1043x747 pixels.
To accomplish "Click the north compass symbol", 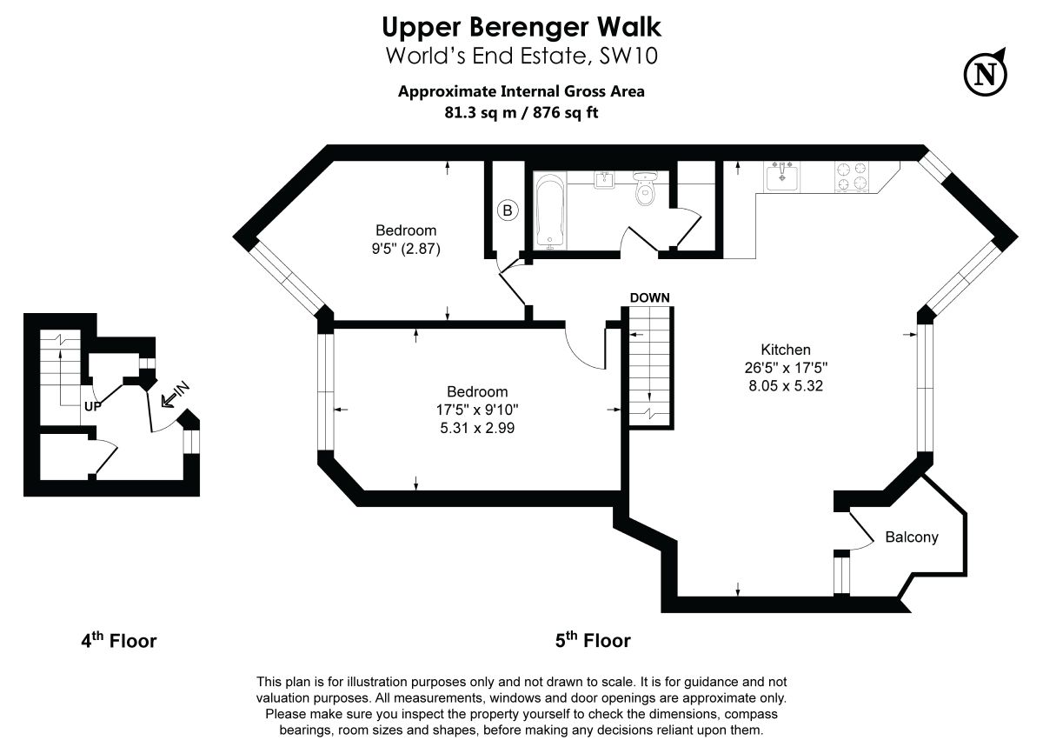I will (985, 73).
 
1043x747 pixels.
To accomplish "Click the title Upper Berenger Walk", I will (521, 27).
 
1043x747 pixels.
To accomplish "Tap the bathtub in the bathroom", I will (550, 211).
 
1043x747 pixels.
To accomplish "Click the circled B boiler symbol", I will (508, 210).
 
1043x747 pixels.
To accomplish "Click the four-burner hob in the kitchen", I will (852, 177).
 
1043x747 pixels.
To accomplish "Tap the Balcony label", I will (911, 537).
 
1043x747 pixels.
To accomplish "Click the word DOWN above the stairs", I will (649, 297).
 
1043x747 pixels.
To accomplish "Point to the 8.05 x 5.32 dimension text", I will (786, 386).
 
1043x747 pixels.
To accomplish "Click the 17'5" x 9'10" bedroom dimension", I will (477, 410).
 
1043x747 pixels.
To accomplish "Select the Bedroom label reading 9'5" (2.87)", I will (406, 240).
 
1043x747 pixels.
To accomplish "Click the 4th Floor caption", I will (119, 642).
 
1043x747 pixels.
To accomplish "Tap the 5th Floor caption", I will (593, 642).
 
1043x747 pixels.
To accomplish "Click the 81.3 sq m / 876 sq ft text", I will (521, 112).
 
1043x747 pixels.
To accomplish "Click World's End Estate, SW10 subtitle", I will (521, 57).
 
